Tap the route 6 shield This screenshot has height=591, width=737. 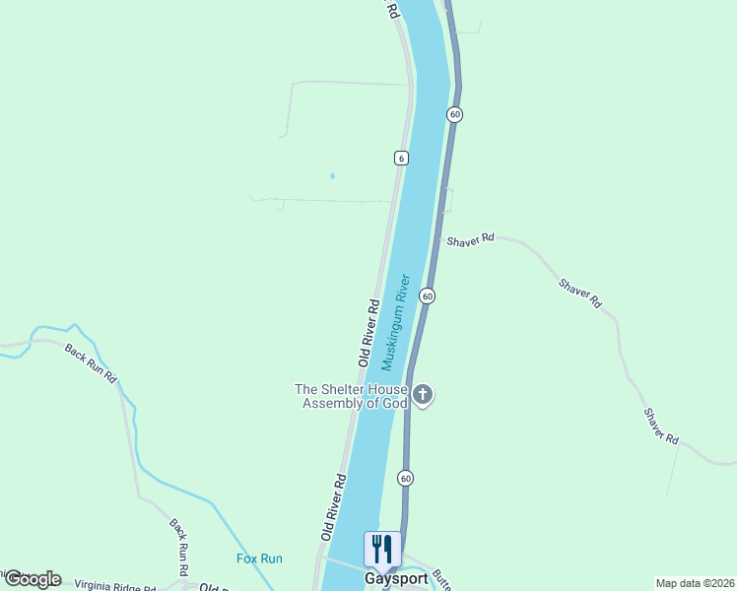click(400, 158)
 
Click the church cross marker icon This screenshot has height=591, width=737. click(423, 396)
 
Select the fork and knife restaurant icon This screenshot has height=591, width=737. click(382, 549)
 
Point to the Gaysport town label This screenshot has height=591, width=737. click(396, 579)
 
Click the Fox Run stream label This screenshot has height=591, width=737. click(259, 558)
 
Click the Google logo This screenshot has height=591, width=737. click(33, 579)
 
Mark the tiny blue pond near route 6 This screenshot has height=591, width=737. click(332, 176)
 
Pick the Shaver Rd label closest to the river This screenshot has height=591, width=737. click(470, 239)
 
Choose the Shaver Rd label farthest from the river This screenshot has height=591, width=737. click(662, 425)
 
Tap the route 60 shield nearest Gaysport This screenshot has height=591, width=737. click(405, 478)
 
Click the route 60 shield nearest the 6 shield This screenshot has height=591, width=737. click(453, 114)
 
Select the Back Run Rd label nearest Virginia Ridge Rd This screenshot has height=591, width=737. click(179, 548)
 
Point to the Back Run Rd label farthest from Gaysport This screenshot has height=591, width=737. click(91, 362)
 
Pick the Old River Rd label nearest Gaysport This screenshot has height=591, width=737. click(333, 506)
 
